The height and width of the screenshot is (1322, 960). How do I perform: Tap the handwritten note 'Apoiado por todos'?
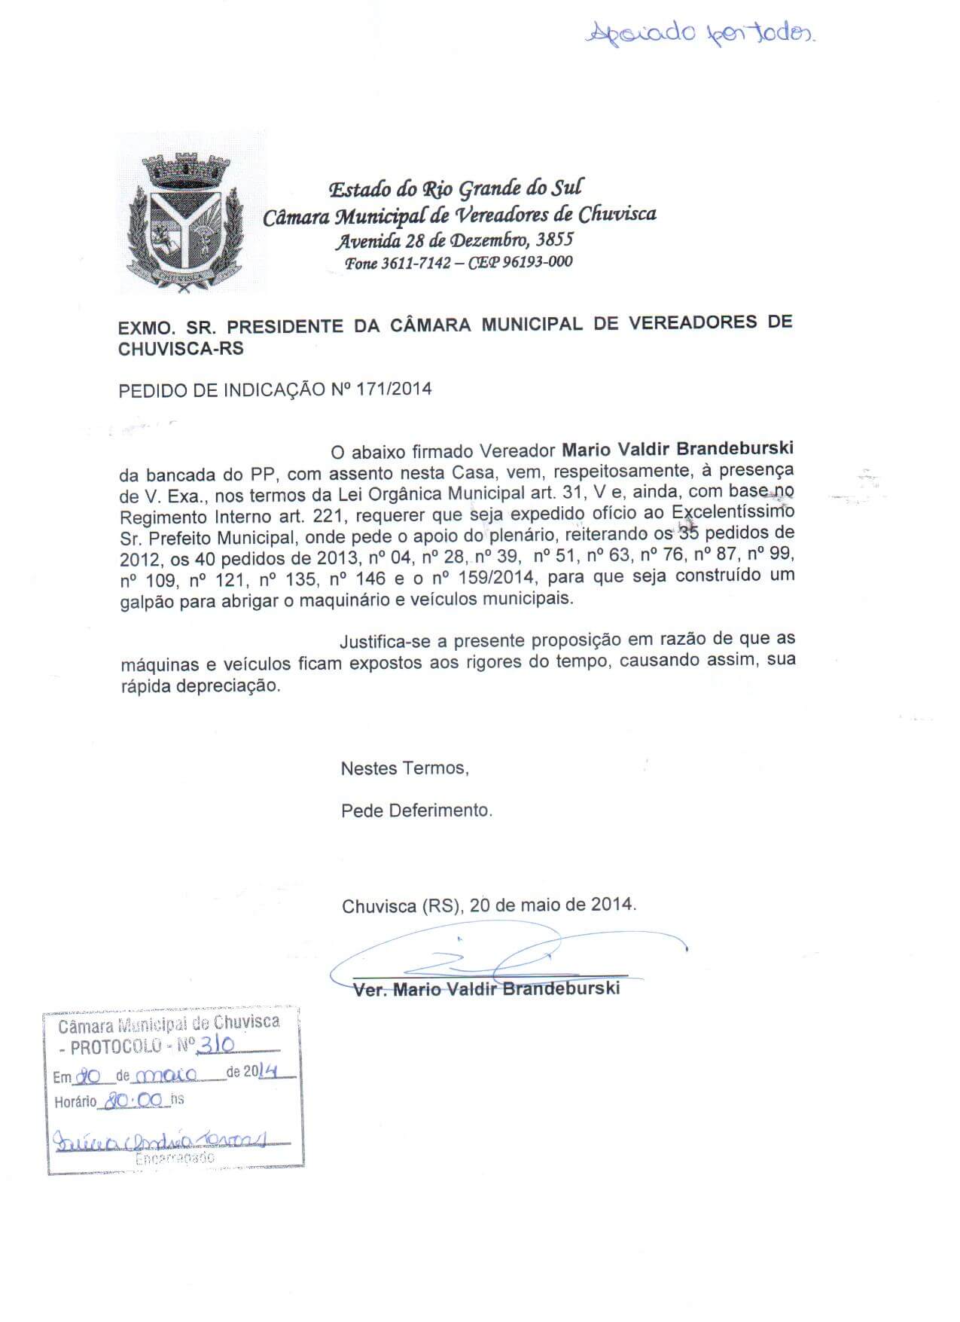pos(701,32)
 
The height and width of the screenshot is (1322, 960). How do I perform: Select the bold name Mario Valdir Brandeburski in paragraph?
pos(678,450)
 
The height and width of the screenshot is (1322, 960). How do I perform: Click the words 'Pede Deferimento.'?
pos(416,811)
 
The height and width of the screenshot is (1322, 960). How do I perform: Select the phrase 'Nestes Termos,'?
pos(405,768)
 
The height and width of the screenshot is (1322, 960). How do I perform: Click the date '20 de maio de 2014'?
pos(553,905)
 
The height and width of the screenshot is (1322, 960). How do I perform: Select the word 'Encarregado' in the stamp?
pos(175,1159)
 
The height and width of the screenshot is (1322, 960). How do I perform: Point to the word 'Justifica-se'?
pos(382,641)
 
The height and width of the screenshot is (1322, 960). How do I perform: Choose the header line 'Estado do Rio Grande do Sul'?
pos(457,188)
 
